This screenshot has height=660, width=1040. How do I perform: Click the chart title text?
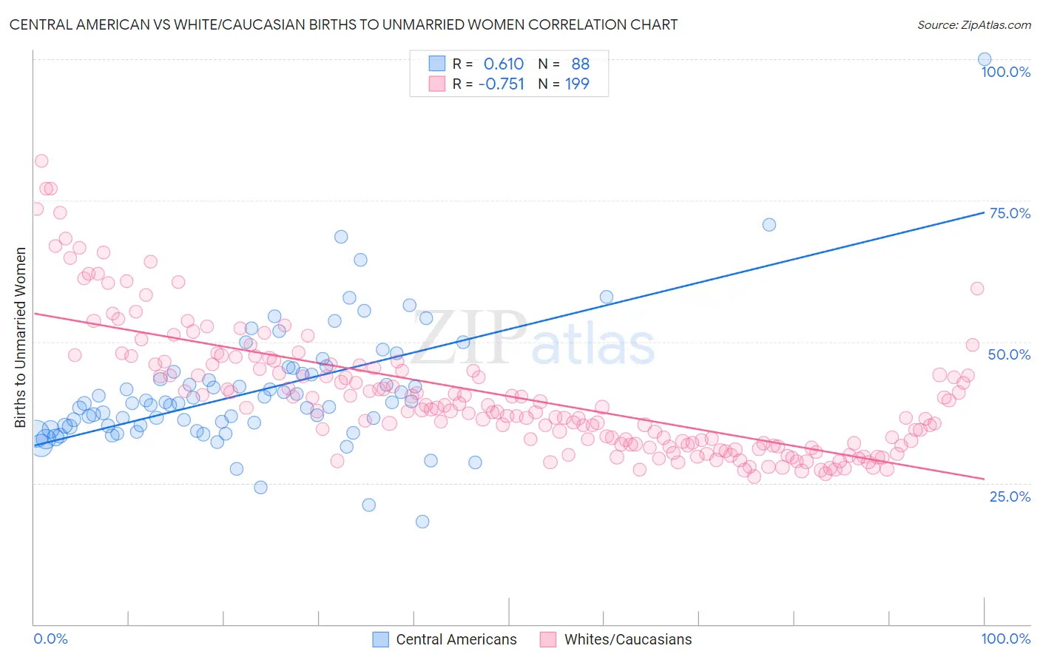coord(343,24)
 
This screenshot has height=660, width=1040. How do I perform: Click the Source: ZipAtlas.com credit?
coord(973,24)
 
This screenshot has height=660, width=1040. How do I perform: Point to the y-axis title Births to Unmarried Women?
coord(20,337)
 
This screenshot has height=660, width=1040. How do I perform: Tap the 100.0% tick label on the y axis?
coord(1005,72)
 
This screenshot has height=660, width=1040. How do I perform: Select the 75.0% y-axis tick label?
coord(1010,213)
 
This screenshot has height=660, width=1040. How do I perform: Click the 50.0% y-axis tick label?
coord(1009,354)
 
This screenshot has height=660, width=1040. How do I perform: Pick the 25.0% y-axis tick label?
coord(1010,496)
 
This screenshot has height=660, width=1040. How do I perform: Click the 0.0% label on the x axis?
coord(50,639)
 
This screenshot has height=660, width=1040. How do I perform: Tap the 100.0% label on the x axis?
coord(1005,639)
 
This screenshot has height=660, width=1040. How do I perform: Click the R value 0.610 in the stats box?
coord(503,64)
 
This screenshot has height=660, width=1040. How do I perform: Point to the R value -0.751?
coord(501,84)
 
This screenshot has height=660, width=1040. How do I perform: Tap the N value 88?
coord(580,64)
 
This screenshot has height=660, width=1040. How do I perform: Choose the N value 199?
coord(577,84)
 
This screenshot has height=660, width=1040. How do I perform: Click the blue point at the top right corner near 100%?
coord(984,59)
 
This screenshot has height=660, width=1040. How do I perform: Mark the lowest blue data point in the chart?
coord(422,521)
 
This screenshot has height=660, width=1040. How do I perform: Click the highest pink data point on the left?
coord(41,161)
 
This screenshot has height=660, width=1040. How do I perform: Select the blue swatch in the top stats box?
coord(437,64)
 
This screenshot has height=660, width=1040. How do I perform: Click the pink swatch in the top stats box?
coord(437,84)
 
